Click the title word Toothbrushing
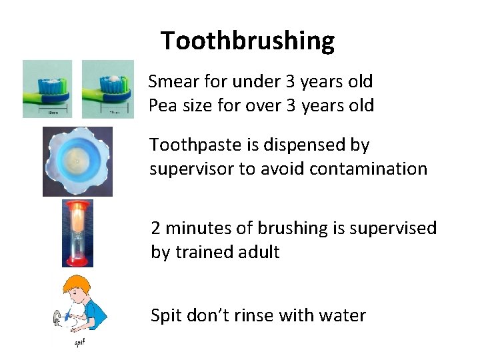(247, 41)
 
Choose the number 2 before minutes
(156, 229)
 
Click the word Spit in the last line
(163, 315)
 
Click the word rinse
(257, 315)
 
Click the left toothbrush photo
(47, 89)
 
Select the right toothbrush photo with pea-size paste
(107, 89)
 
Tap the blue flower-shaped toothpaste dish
(77, 161)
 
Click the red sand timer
(77, 233)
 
